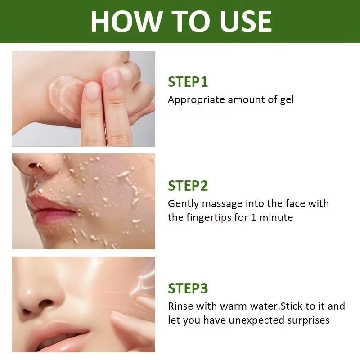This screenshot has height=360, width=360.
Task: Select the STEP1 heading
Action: [x=188, y=82]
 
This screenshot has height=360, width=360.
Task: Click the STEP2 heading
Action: [x=188, y=186]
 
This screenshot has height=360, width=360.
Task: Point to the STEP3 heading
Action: [x=188, y=288]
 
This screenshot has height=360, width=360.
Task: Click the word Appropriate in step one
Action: [x=196, y=100]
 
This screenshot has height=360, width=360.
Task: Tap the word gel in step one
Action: [x=287, y=100]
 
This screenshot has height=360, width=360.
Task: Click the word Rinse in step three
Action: [x=180, y=306]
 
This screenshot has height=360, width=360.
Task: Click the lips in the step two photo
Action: [x=53, y=210]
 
